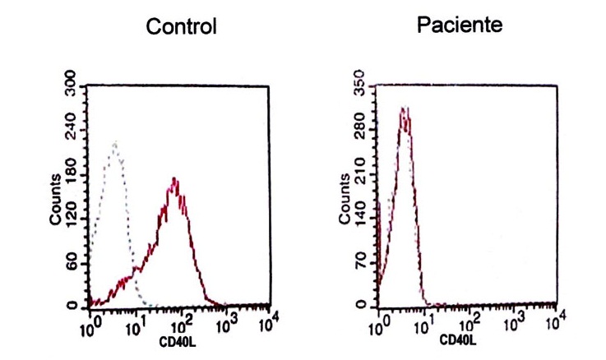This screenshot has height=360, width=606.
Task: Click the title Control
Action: click(x=181, y=27)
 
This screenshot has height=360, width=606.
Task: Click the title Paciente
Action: click(x=460, y=25)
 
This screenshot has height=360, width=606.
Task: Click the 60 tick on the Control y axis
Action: click(x=72, y=262)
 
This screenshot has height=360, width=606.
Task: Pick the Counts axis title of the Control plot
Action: click(x=55, y=199)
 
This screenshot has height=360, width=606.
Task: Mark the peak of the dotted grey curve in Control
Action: click(x=115, y=142)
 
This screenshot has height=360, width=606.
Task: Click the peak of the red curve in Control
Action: click(x=174, y=178)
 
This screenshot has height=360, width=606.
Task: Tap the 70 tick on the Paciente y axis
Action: click(x=359, y=262)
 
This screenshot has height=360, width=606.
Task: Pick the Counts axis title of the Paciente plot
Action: click(x=345, y=199)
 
